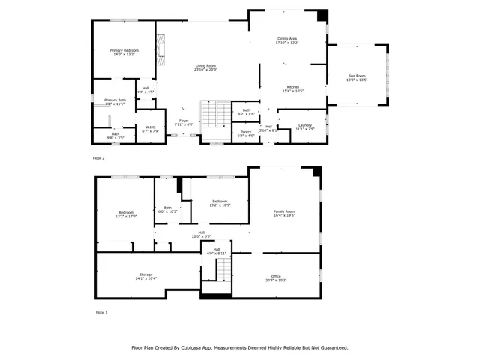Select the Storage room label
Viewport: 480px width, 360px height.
tap(145, 276)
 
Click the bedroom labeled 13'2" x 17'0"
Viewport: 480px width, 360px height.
tap(126, 214)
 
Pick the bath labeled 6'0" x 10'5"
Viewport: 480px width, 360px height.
tap(168, 209)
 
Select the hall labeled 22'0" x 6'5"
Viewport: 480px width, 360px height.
tap(201, 233)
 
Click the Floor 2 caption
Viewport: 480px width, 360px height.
tap(98, 158)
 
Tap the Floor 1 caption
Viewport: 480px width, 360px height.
tap(101, 311)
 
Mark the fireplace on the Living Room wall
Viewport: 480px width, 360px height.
tap(160, 48)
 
